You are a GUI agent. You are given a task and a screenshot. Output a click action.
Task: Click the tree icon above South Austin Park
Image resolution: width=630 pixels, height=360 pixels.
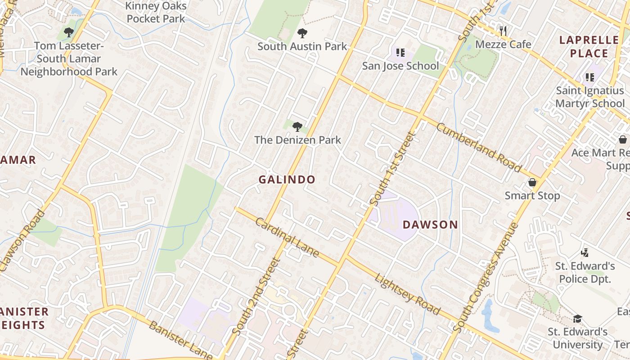point(302,33)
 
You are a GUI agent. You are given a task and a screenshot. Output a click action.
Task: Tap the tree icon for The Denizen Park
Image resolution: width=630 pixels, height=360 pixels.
point(297,127)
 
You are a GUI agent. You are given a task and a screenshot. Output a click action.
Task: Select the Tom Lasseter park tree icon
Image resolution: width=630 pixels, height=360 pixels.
point(68,32)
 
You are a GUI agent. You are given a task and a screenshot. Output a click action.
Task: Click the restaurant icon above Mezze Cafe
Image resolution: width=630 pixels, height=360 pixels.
point(503,31)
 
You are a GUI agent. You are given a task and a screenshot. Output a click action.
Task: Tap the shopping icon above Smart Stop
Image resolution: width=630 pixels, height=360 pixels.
point(532,183)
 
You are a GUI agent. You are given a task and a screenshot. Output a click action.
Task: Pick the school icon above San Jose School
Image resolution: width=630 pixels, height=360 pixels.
point(400,53)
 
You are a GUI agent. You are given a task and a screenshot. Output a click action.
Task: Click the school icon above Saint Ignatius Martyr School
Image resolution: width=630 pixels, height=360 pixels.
point(589,77)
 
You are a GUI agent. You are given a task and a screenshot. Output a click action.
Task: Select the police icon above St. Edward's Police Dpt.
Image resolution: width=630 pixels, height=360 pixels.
point(585,252)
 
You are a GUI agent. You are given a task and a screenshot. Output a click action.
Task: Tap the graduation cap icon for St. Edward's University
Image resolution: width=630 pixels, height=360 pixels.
point(577,319)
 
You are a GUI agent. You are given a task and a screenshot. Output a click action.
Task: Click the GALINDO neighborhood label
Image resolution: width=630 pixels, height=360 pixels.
point(287,180)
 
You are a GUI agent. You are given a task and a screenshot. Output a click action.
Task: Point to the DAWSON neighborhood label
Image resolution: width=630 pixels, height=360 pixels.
point(430,225)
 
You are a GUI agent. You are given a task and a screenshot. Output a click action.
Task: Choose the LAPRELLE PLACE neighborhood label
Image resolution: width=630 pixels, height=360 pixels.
point(589,47)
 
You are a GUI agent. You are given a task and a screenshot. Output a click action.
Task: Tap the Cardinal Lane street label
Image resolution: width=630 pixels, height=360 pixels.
point(287,237)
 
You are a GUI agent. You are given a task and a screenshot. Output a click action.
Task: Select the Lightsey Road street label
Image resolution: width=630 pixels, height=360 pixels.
point(407,294)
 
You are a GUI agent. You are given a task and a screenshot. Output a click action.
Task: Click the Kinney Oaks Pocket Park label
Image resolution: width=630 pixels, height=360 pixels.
point(156,13)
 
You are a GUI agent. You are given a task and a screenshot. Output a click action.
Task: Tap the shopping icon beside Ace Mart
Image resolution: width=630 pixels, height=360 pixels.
point(623,139)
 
